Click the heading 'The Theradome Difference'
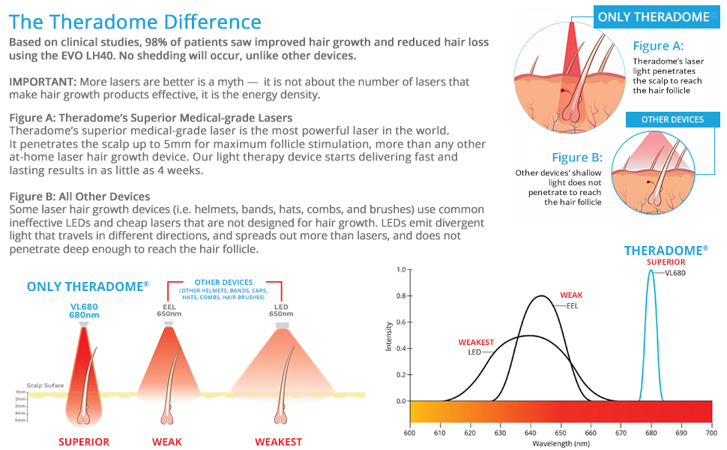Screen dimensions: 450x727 (x=136, y=22)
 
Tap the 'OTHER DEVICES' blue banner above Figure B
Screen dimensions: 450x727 (x=672, y=119)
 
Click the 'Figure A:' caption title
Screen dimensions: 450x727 (x=658, y=46)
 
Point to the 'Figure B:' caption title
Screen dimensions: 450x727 (x=577, y=157)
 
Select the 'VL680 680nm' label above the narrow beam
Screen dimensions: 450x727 (x=84, y=310)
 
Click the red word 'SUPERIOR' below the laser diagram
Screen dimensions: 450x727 (x=84, y=442)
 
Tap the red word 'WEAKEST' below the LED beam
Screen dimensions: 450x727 (x=278, y=442)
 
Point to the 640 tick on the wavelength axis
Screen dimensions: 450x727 (x=531, y=433)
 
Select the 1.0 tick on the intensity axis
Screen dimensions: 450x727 (x=401, y=269)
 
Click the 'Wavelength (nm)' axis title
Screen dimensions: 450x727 (x=561, y=443)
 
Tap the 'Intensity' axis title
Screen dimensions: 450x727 (x=388, y=335)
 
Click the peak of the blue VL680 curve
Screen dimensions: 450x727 (x=651, y=270)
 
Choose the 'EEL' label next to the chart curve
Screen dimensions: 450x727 (x=572, y=305)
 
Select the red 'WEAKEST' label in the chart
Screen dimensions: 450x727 (x=476, y=343)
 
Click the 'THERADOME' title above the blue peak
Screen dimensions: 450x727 (x=666, y=250)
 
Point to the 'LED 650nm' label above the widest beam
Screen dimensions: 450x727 (x=282, y=310)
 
